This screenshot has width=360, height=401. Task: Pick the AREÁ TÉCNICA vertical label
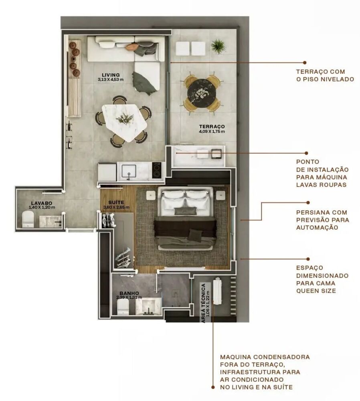205,303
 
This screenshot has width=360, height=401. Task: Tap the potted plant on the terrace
218,46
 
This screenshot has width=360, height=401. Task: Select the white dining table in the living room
124,121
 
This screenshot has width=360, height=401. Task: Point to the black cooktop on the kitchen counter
157,172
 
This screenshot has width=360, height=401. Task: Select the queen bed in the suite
185,223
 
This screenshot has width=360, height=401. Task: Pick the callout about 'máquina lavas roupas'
322,173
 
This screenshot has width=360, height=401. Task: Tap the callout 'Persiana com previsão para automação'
322,220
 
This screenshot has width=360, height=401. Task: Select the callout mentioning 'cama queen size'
322,279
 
